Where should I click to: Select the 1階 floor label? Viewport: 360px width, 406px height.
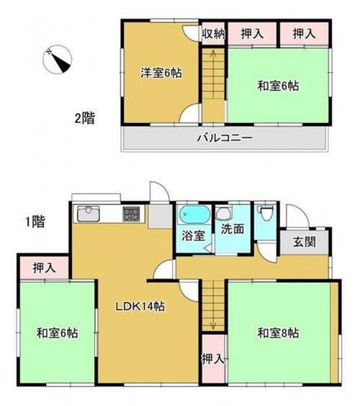tap(32, 222)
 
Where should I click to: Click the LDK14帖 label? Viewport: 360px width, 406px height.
tap(142, 307)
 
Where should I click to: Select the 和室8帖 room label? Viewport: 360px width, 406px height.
tap(278, 333)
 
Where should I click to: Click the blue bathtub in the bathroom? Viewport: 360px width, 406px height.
tap(193, 215)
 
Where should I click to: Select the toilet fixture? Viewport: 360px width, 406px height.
tap(266, 214)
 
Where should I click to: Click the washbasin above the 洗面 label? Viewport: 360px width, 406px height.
tap(225, 212)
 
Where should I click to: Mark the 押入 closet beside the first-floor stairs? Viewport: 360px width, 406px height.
tap(212, 358)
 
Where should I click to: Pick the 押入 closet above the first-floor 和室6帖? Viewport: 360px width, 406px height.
tap(42, 268)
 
